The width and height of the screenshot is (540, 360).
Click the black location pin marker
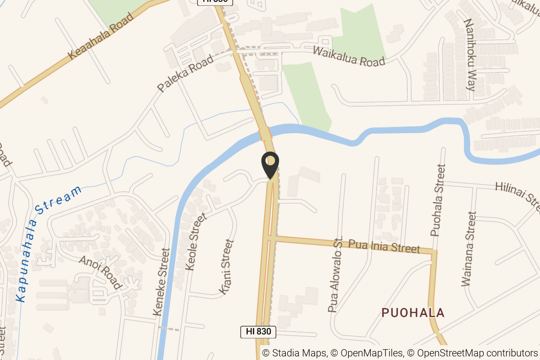pyautogui.click(x=270, y=165)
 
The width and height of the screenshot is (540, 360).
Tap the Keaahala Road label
pyautogui.click(x=102, y=36)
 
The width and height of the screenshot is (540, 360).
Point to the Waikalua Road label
pyautogui.click(x=349, y=56)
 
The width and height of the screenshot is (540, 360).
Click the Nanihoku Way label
pyautogui.click(x=469, y=55)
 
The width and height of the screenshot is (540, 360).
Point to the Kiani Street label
pyautogui.click(x=227, y=267)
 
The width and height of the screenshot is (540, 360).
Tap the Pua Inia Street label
pyautogui.click(x=384, y=246)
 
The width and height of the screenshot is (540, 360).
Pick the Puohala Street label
pyautogui.click(x=437, y=200)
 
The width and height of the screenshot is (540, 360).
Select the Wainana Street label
pyautogui.click(x=468, y=249)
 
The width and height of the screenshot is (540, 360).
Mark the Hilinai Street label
pyautogui.click(x=517, y=194)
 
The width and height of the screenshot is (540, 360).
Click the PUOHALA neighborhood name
pyautogui.click(x=413, y=313)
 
